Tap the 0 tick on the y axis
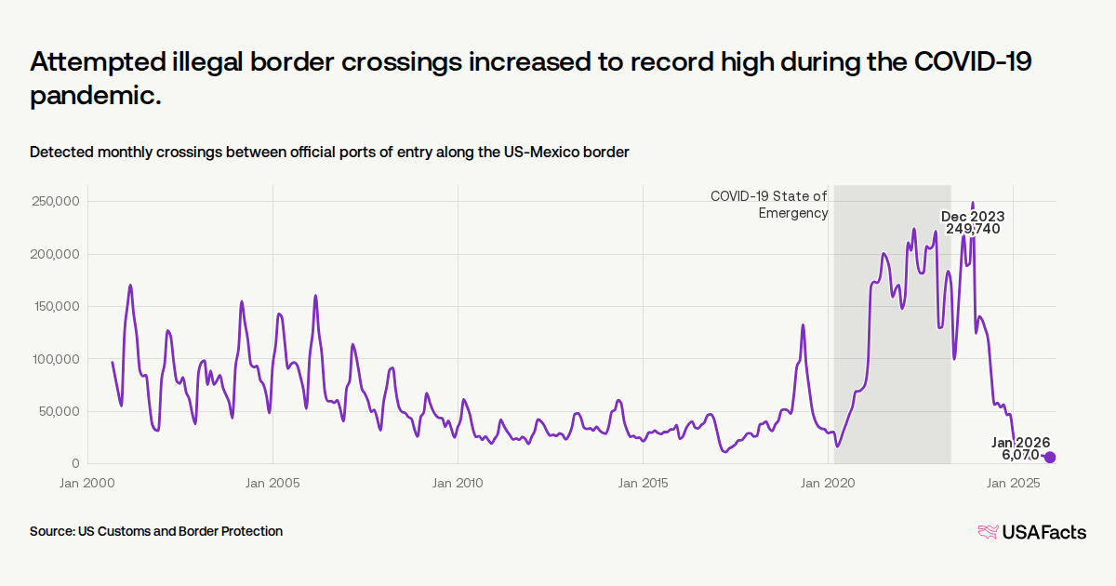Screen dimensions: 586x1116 [75, 463]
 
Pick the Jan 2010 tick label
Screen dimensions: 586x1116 [458, 483]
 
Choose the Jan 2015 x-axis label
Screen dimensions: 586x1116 [643, 483]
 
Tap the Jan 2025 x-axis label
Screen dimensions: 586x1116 [1013, 483]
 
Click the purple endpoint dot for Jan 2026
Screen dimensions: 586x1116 [1050, 457]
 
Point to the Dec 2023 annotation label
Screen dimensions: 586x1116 [973, 216]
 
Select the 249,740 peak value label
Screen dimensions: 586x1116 [973, 229]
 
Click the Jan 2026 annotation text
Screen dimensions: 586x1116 [1020, 442]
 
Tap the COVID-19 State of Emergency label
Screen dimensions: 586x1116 [769, 205]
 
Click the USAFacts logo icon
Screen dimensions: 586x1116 [987, 532]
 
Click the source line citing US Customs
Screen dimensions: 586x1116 [156, 531]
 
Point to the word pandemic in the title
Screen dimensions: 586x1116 [96, 95]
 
